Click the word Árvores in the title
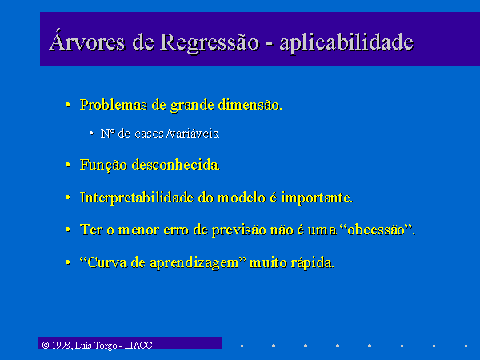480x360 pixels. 87,41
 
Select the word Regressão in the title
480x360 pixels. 210,42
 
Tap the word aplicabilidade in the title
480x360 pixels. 346,42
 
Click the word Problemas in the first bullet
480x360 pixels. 114,105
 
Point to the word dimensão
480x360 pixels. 250,105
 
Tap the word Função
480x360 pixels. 103,165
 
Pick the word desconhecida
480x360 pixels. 176,165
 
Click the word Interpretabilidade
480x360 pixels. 137,198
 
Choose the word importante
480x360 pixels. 317,198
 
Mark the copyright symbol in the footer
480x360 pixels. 46,346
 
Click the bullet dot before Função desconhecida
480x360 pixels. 68,166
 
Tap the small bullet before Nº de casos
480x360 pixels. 91,133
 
